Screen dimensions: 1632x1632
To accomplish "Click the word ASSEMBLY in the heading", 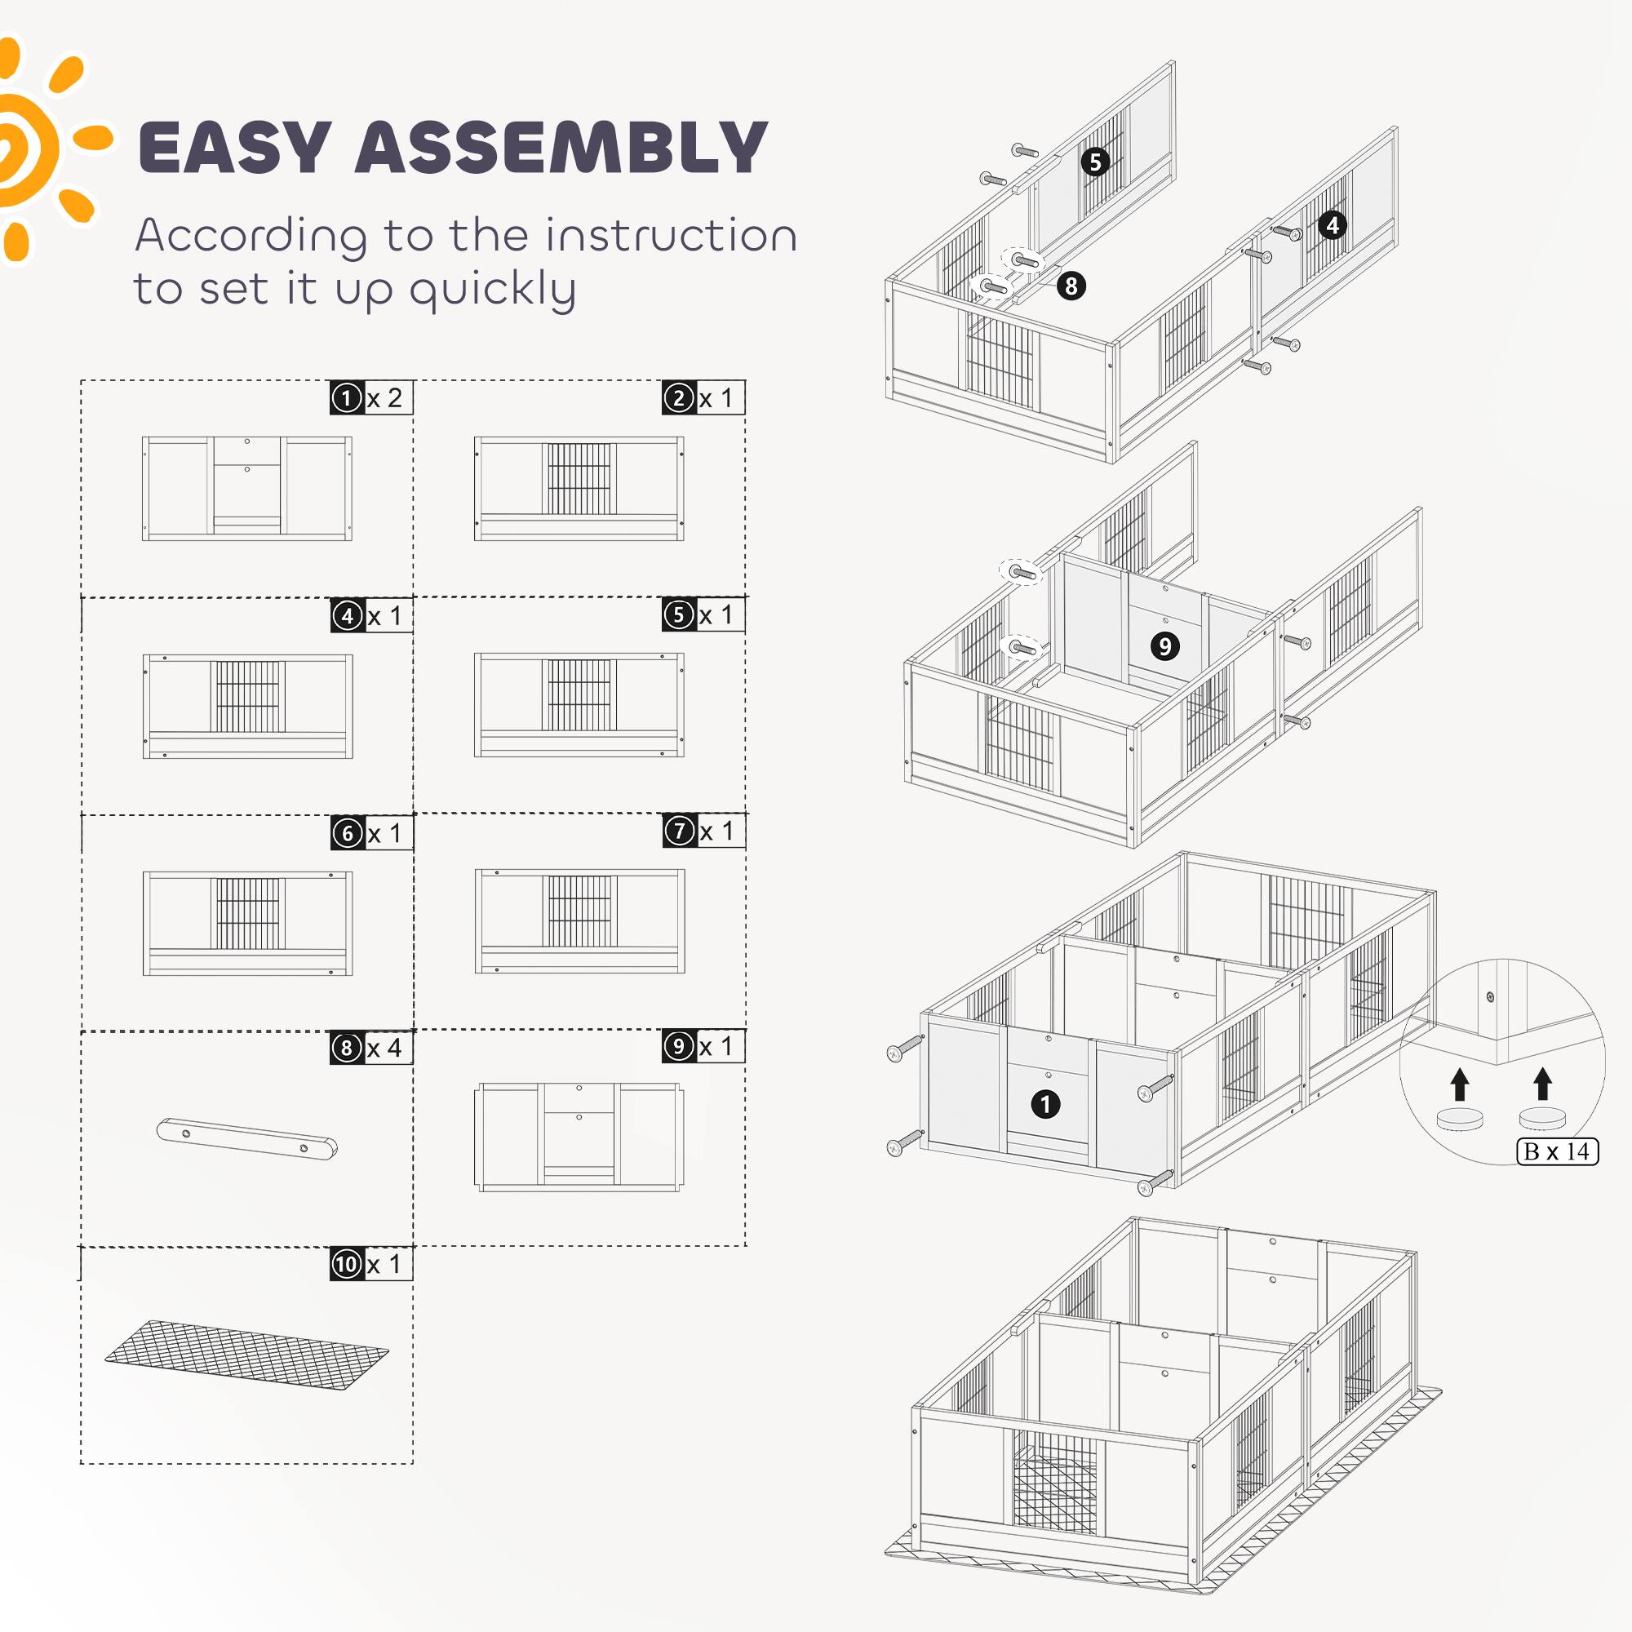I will (561, 148).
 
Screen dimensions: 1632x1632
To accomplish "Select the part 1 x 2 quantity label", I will (370, 398).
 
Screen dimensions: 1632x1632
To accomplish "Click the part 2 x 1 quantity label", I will (703, 398).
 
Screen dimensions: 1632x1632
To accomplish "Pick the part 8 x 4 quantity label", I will (370, 1049).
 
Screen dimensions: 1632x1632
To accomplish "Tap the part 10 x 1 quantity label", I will (370, 1265).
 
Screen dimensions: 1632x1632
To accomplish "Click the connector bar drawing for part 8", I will (246, 1138).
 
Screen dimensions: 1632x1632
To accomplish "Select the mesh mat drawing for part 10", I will (246, 1355).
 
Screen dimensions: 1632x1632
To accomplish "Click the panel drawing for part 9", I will (579, 1137).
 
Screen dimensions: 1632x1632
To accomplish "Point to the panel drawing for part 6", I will (247, 923).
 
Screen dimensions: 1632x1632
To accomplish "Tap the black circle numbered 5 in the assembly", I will (1095, 162).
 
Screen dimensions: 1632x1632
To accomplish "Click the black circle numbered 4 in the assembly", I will (1333, 224).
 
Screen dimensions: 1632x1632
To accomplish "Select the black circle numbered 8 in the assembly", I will (1071, 286).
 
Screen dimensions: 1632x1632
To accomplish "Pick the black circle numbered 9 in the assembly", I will (1165, 646).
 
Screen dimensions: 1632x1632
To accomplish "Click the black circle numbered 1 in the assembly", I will (1046, 1104).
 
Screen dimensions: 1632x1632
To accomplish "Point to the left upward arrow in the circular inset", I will (1460, 1084).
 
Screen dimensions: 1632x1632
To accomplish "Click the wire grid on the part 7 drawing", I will (579, 911).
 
